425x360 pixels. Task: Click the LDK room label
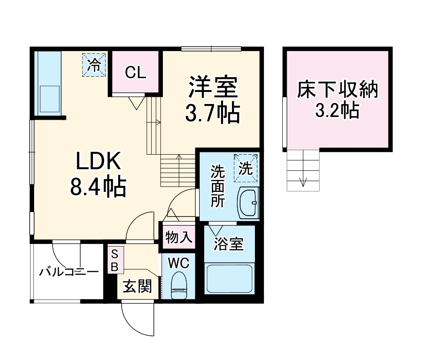[98, 162]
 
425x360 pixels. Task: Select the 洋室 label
[212, 87]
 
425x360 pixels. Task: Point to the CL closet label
[136, 73]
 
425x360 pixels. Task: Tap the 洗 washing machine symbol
[245, 168]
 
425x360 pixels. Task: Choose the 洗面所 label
[218, 187]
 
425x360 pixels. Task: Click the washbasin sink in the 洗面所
[247, 203]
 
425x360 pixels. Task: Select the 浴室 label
[228, 244]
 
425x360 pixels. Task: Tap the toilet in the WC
[180, 284]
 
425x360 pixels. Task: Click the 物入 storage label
[179, 237]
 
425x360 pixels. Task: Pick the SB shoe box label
[114, 260]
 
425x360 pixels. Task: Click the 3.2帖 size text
[337, 110]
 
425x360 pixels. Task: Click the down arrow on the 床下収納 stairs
[303, 181]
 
